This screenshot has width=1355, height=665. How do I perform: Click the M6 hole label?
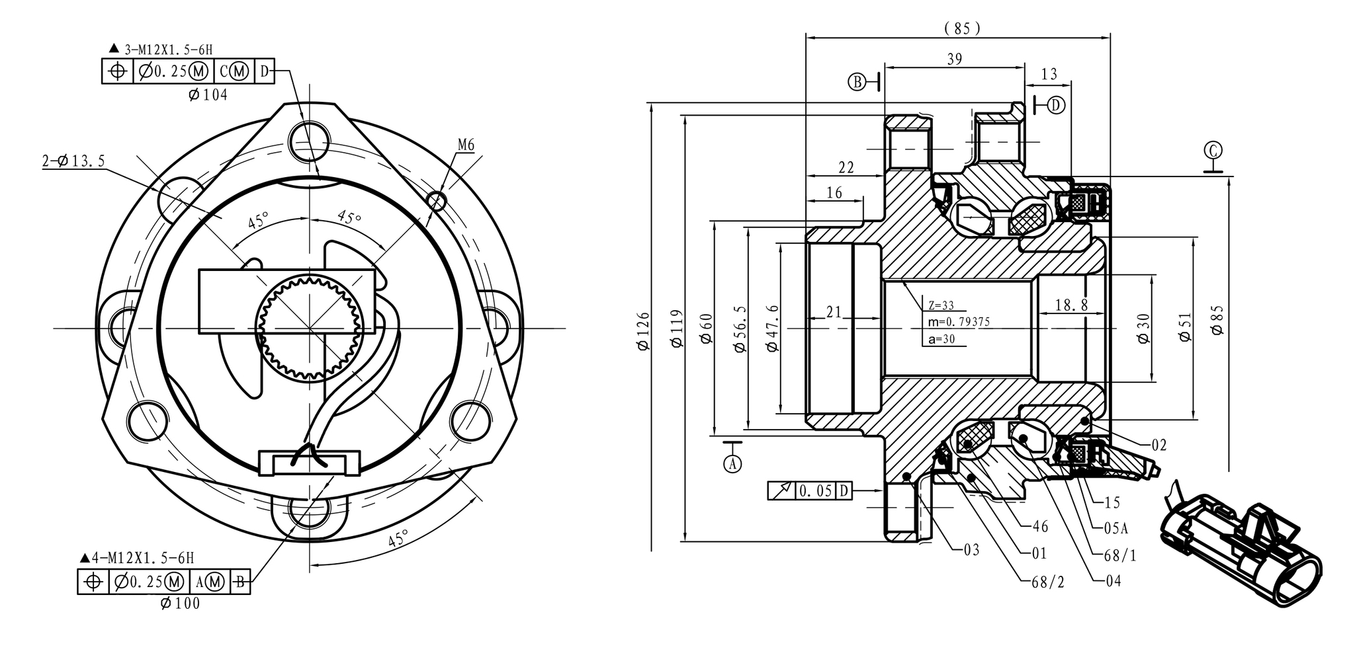click(x=466, y=145)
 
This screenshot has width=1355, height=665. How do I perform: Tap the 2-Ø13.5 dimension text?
click(x=73, y=161)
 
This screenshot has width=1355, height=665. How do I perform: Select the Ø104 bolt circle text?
click(x=208, y=95)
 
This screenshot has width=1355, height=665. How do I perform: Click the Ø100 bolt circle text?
click(x=180, y=603)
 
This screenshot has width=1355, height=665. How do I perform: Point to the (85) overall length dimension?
click(x=963, y=28)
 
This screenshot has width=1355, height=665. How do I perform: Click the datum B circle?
click(x=857, y=82)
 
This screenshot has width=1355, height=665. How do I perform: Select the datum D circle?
click(x=1056, y=104)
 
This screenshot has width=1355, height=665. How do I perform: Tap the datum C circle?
click(x=1213, y=150)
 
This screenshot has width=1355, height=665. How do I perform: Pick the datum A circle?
click(x=732, y=464)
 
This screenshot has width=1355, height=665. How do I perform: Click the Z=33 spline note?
click(x=941, y=305)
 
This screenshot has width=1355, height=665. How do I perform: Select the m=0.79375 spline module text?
click(x=959, y=322)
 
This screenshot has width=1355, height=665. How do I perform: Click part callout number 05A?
click(x=1115, y=528)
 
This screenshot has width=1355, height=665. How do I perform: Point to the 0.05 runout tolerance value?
click(x=815, y=491)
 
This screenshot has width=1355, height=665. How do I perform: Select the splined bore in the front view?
click(x=309, y=328)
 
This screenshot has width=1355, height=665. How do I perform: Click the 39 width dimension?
click(x=954, y=59)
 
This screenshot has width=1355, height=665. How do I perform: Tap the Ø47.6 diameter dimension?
click(x=771, y=328)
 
